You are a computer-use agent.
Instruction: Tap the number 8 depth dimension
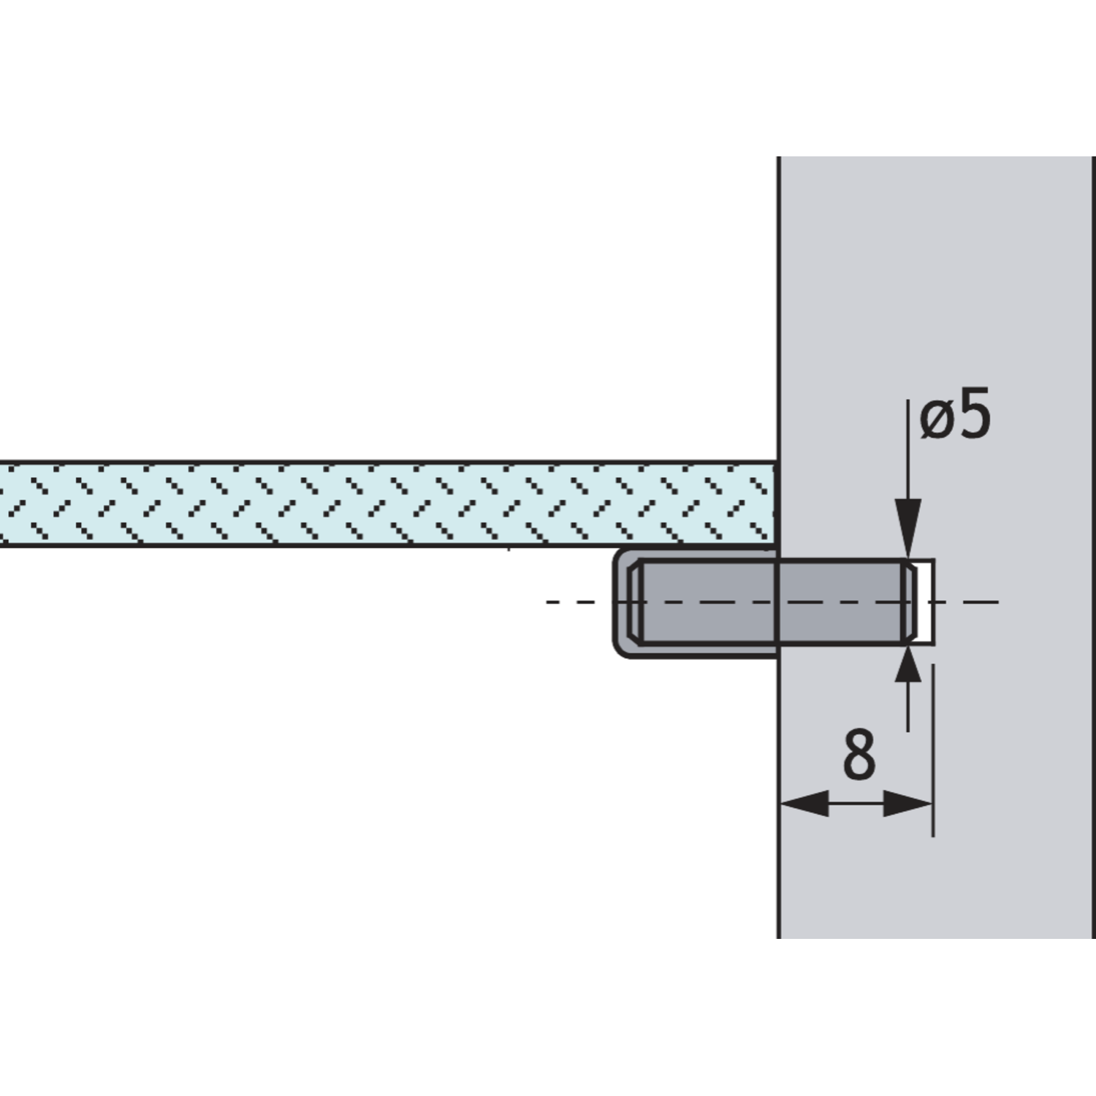(x=859, y=754)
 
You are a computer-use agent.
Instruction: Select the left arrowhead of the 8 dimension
(x=804, y=804)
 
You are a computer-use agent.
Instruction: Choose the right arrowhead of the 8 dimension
(x=908, y=804)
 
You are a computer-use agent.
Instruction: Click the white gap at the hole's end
(x=924, y=602)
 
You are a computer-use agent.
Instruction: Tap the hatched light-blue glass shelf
(x=387, y=503)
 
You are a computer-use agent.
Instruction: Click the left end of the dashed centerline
(x=548, y=602)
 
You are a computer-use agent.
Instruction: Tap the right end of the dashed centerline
(x=997, y=602)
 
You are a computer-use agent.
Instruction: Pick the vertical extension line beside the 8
(x=933, y=750)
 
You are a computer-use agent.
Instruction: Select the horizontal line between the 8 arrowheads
(x=856, y=804)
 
